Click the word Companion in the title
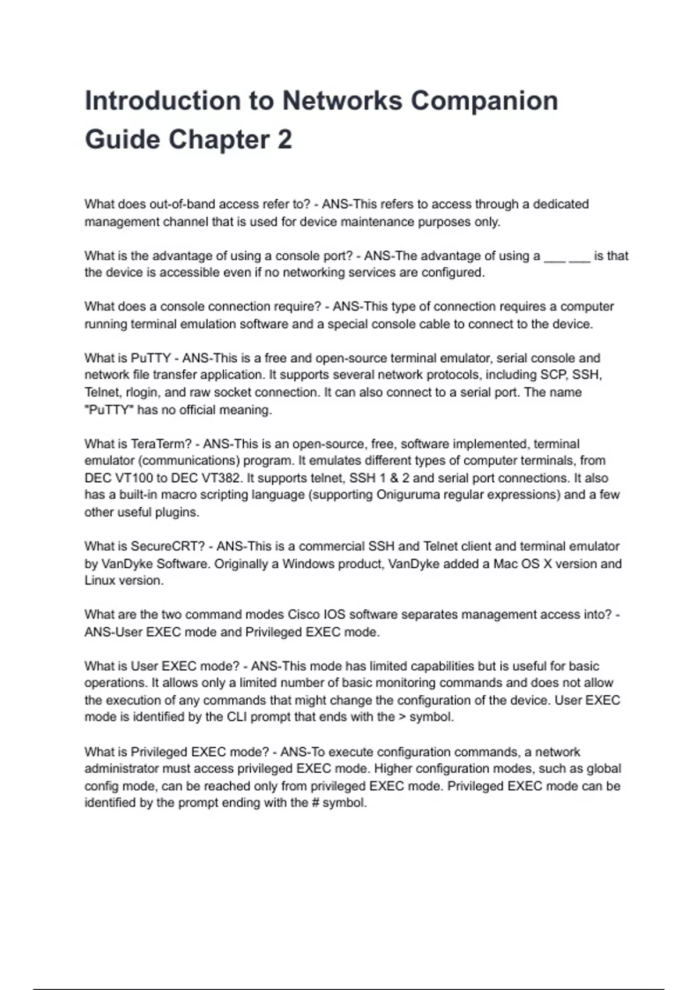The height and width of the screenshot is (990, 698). [x=484, y=101]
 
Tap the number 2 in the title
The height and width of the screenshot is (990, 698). [x=284, y=140]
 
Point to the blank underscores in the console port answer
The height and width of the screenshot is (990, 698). [x=567, y=256]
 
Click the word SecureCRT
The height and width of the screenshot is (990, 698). [x=168, y=547]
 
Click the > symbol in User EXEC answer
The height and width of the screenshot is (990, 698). [x=402, y=717]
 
